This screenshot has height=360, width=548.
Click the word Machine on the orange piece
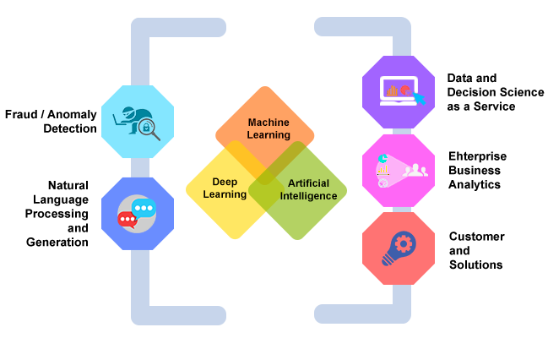click(269, 123)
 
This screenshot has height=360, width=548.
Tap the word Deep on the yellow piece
click(225, 181)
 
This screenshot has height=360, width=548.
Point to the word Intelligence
click(308, 196)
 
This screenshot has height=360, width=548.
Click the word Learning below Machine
click(269, 135)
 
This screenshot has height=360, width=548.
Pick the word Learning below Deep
click(225, 194)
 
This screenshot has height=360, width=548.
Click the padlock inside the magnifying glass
click(147, 128)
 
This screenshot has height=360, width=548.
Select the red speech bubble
click(128, 219)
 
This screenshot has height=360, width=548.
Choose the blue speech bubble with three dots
click(144, 207)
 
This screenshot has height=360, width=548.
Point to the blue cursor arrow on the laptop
click(418, 99)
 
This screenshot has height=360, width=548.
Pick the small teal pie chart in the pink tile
click(383, 158)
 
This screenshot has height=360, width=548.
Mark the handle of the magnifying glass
click(156, 136)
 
